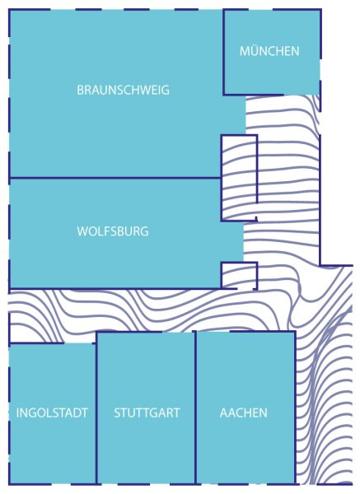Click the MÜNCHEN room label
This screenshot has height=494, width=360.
pyautogui.click(x=269, y=51)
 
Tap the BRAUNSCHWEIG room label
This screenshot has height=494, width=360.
pyautogui.click(x=124, y=90)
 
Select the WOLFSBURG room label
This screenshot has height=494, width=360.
pyautogui.click(x=113, y=231)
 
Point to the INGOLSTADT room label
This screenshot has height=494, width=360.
pyautogui.click(x=52, y=412)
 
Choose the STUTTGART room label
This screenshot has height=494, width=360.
pyautogui.click(x=147, y=412)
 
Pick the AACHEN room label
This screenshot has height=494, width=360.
pyautogui.click(x=243, y=412)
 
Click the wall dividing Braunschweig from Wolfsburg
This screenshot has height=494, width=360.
pyautogui.click(x=115, y=178)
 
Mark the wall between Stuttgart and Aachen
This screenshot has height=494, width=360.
pyautogui.click(x=195, y=408)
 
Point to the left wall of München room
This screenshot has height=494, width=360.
pyautogui.click(x=223, y=52)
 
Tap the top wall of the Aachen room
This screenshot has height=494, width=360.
pyautogui.click(x=245, y=332)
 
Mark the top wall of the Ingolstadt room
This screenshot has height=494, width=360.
pyautogui.click(x=36, y=343)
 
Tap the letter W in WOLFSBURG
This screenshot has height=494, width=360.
pyautogui.click(x=82, y=231)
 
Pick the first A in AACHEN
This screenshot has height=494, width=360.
pyautogui.click(x=223, y=412)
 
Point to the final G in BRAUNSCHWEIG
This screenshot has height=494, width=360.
pyautogui.click(x=166, y=90)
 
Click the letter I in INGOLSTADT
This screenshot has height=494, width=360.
pyautogui.click(x=17, y=412)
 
